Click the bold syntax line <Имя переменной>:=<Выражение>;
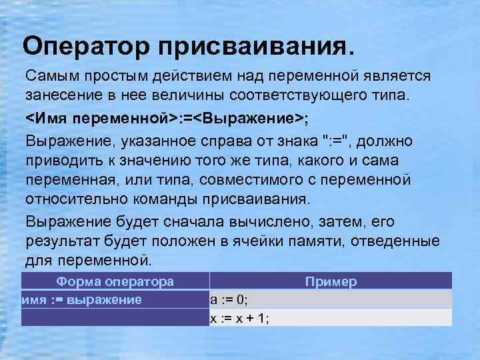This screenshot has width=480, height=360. (166, 119)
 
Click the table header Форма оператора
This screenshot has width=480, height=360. (115, 281)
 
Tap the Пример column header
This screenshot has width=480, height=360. (331, 281)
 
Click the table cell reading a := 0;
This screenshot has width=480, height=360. (229, 299)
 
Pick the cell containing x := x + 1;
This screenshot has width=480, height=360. (240, 318)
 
